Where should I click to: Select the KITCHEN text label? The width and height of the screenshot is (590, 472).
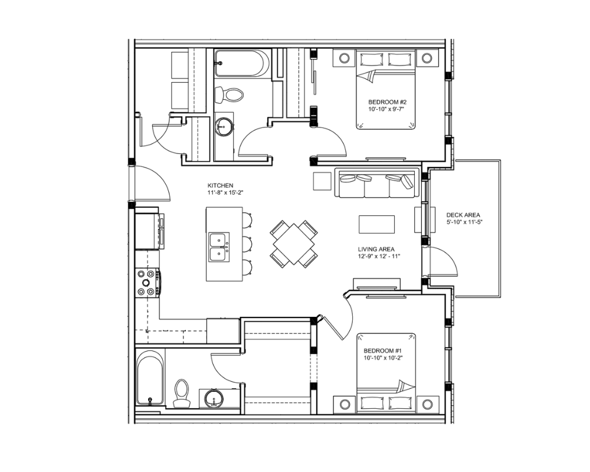pos(221,186)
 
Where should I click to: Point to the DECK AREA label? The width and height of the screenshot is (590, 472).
pos(463,215)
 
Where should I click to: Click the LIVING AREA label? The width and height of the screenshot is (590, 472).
pos(376,249)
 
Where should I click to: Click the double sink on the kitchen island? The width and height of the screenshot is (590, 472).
pos(219,247)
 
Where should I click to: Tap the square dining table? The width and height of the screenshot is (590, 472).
pos(294,244)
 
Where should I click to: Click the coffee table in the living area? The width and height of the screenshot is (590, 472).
pos(376,224)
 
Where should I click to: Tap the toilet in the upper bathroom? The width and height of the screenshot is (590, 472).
pos(228,94)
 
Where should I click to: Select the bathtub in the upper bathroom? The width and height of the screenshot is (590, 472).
pos(242,63)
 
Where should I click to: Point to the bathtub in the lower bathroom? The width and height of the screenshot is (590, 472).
pos(150,377)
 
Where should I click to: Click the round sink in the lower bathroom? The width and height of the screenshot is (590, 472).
pos(214,399)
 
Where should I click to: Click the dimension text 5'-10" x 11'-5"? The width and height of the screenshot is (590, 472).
pos(464,222)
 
